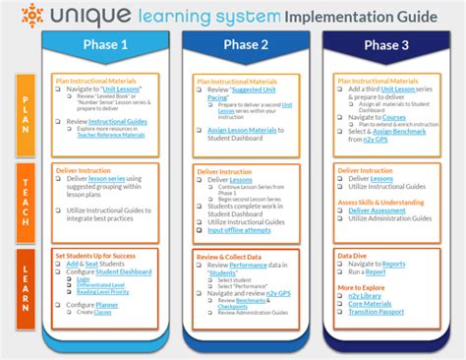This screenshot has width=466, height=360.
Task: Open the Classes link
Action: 103,313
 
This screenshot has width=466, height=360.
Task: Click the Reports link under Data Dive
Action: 393,264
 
